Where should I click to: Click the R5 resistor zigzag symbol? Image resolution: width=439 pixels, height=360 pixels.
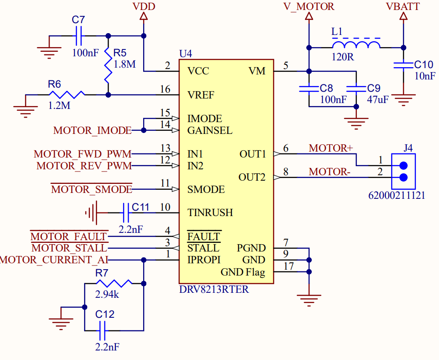(x=108, y=65)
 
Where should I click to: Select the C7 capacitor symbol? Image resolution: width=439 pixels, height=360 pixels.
(x=79, y=36)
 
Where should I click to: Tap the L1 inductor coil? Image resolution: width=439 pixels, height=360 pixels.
(x=356, y=45)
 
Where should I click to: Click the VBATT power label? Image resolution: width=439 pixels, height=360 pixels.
(x=403, y=6)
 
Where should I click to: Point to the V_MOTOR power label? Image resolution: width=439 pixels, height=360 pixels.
(x=309, y=6)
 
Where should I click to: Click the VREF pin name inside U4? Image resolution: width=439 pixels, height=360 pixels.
(x=201, y=95)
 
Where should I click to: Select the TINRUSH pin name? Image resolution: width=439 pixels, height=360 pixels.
(x=210, y=212)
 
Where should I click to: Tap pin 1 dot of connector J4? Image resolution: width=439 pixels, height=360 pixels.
(x=404, y=166)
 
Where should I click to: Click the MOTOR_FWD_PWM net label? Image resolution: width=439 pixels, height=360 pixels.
(x=83, y=154)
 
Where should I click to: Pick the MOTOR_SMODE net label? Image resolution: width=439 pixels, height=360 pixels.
(x=91, y=189)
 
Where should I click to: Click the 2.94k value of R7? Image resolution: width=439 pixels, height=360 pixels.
(x=107, y=294)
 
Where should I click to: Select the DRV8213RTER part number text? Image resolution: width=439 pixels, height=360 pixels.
(x=214, y=289)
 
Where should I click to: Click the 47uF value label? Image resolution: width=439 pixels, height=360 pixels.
(x=378, y=99)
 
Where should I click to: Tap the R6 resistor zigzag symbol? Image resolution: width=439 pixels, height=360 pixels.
(x=67, y=95)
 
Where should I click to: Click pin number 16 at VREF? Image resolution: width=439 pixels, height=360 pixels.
(x=165, y=89)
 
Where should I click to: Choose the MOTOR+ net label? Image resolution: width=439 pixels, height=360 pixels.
(x=331, y=148)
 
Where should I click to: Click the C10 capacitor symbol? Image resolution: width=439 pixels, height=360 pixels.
(x=404, y=65)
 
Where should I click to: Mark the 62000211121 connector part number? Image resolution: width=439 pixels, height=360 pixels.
(x=397, y=195)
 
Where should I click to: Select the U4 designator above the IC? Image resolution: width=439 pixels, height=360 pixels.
(x=185, y=54)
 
